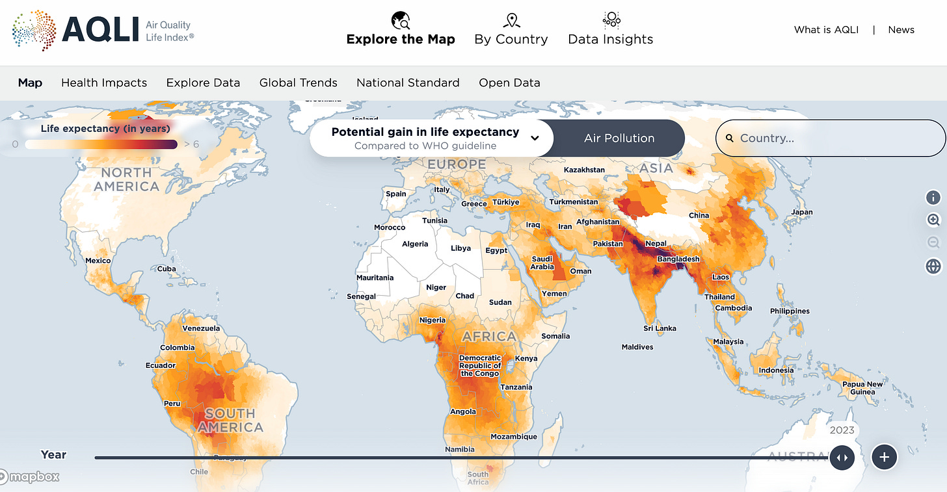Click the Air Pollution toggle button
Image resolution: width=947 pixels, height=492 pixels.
[619, 138]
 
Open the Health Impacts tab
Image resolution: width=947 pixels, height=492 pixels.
[104, 83]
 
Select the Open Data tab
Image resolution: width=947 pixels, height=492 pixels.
[509, 83]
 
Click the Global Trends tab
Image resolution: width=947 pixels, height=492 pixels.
[298, 83]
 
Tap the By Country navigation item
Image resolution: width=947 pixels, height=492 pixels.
[511, 30]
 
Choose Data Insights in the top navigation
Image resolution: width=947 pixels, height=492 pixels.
[610, 30]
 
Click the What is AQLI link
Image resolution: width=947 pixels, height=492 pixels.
[826, 30]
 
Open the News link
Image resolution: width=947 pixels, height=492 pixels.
[901, 30]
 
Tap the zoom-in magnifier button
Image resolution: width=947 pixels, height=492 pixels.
[933, 220]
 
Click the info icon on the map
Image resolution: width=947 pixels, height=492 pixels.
[933, 198]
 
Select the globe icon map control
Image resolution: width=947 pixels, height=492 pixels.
[933, 266]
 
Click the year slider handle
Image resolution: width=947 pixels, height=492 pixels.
[842, 457]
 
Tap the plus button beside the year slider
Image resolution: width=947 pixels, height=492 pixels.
[884, 457]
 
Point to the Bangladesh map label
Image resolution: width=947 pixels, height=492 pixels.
[678, 259]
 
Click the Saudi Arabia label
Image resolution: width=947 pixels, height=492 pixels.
[542, 263]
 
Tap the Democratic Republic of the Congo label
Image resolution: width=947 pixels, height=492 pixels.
[480, 365]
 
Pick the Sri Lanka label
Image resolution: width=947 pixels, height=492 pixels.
[660, 328]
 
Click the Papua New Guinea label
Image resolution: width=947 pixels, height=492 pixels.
[862, 387]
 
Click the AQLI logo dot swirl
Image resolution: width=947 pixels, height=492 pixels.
[34, 30]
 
